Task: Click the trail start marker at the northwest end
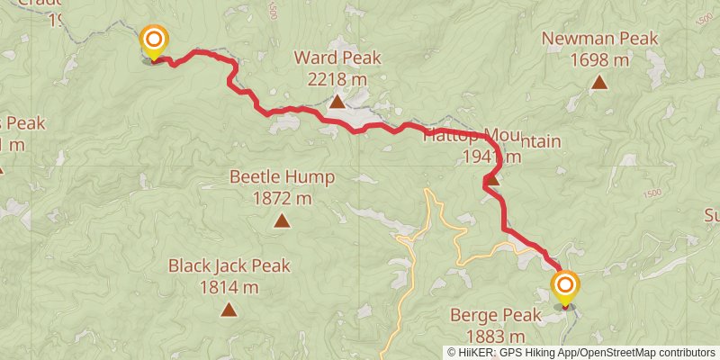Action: tap(154, 40)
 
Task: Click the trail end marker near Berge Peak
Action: tap(565, 287)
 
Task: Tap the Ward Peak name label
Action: tap(337, 58)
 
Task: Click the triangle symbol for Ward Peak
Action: tap(337, 102)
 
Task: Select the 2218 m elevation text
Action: tap(337, 79)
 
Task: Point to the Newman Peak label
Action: tap(599, 40)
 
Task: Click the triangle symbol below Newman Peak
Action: tap(598, 84)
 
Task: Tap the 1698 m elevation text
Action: tap(599, 60)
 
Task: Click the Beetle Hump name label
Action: tap(282, 176)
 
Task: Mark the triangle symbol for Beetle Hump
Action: tap(282, 220)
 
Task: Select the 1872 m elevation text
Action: tap(282, 197)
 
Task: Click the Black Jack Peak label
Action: tap(229, 266)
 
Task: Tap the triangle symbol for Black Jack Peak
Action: tap(229, 310)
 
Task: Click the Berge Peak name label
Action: tap(497, 316)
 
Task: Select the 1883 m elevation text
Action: tap(496, 337)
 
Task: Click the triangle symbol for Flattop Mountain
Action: tap(490, 180)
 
